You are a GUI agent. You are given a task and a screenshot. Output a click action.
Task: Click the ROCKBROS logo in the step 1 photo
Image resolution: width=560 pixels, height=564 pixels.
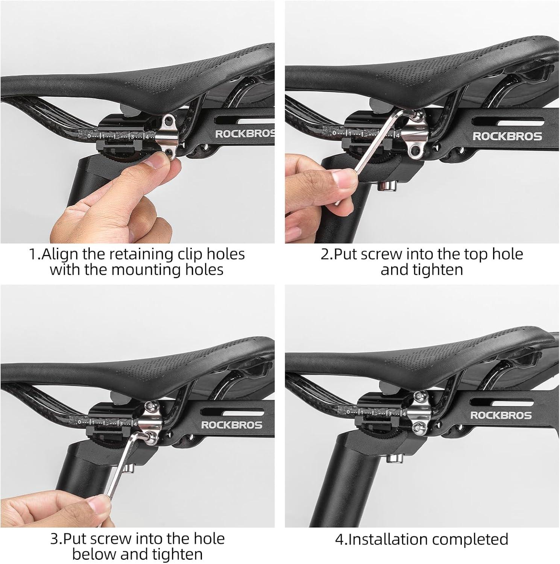(245, 134)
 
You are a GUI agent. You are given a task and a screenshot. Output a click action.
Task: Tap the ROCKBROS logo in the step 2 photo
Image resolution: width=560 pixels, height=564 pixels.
(507, 136)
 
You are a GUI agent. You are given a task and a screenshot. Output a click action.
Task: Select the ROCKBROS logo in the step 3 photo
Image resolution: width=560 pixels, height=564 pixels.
(232, 425)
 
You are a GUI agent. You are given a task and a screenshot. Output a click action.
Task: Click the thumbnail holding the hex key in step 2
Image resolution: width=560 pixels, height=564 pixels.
(343, 178)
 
